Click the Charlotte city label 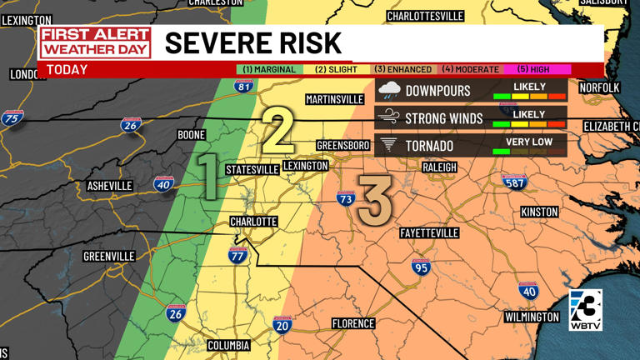coord(253,222)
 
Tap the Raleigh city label coord(439,167)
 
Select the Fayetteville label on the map coord(428,232)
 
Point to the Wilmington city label coord(532,317)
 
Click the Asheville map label coord(109,186)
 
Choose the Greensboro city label coord(342,146)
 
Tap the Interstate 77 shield coord(237,256)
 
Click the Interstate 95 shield coord(421,267)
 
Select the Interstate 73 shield coord(345,198)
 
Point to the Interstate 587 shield coord(514,182)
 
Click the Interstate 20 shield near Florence coord(282,325)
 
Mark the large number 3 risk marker coord(374,200)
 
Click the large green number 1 coord(206,177)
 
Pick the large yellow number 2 coord(278,131)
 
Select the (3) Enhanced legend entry coord(402,69)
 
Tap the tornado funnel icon coord(388,145)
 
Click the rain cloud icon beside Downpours coord(389,91)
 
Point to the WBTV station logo coord(585,311)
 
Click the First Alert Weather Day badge coord(95,42)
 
